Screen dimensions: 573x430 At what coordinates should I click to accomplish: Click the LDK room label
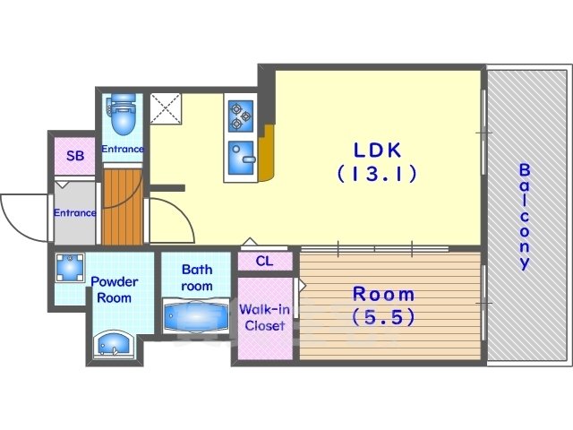click(x=377, y=150)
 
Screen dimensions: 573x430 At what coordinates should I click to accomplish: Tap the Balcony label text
click(x=525, y=217)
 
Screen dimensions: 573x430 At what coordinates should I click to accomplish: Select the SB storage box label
click(x=75, y=156)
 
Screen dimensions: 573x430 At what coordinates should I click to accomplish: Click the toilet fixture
click(x=123, y=114)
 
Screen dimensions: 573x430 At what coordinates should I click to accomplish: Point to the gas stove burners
click(x=241, y=116)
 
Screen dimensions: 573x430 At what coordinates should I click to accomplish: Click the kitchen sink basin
click(x=241, y=158)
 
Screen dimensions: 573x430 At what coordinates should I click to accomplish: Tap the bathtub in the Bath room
click(x=196, y=316)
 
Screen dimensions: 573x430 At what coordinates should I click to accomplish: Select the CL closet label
click(x=264, y=261)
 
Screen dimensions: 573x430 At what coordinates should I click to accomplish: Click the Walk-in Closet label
click(x=265, y=317)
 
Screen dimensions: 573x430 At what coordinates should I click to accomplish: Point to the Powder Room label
click(x=115, y=289)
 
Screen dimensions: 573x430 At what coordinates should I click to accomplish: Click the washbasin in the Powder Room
click(x=114, y=344)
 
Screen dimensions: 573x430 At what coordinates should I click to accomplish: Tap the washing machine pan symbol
click(x=70, y=268)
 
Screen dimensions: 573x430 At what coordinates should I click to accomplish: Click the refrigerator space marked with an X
click(x=166, y=108)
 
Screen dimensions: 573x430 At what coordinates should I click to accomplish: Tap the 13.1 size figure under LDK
click(x=377, y=173)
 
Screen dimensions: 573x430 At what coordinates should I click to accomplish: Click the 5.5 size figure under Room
click(x=383, y=316)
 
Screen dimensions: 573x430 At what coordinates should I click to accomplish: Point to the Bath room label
click(x=197, y=278)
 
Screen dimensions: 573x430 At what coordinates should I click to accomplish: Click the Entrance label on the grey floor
click(x=75, y=213)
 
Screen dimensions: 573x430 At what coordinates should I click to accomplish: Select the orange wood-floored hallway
click(x=122, y=207)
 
